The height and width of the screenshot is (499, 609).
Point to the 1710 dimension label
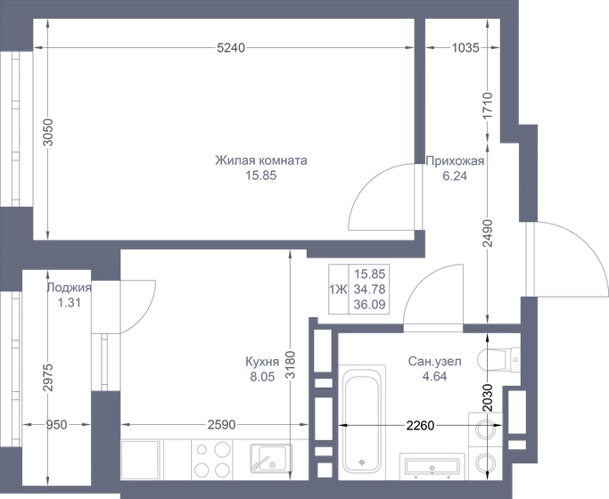pos(487,106)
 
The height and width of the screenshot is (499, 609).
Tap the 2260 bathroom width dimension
pos(418,425)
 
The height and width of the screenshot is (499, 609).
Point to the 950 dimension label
pos(57,425)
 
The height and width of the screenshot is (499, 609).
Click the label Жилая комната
pos(260,161)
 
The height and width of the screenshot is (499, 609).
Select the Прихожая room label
pos(455,161)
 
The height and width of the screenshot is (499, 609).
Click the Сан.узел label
pos(434,362)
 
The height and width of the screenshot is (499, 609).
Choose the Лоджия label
pos(69,288)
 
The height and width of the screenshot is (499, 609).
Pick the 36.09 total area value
pos(368,304)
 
